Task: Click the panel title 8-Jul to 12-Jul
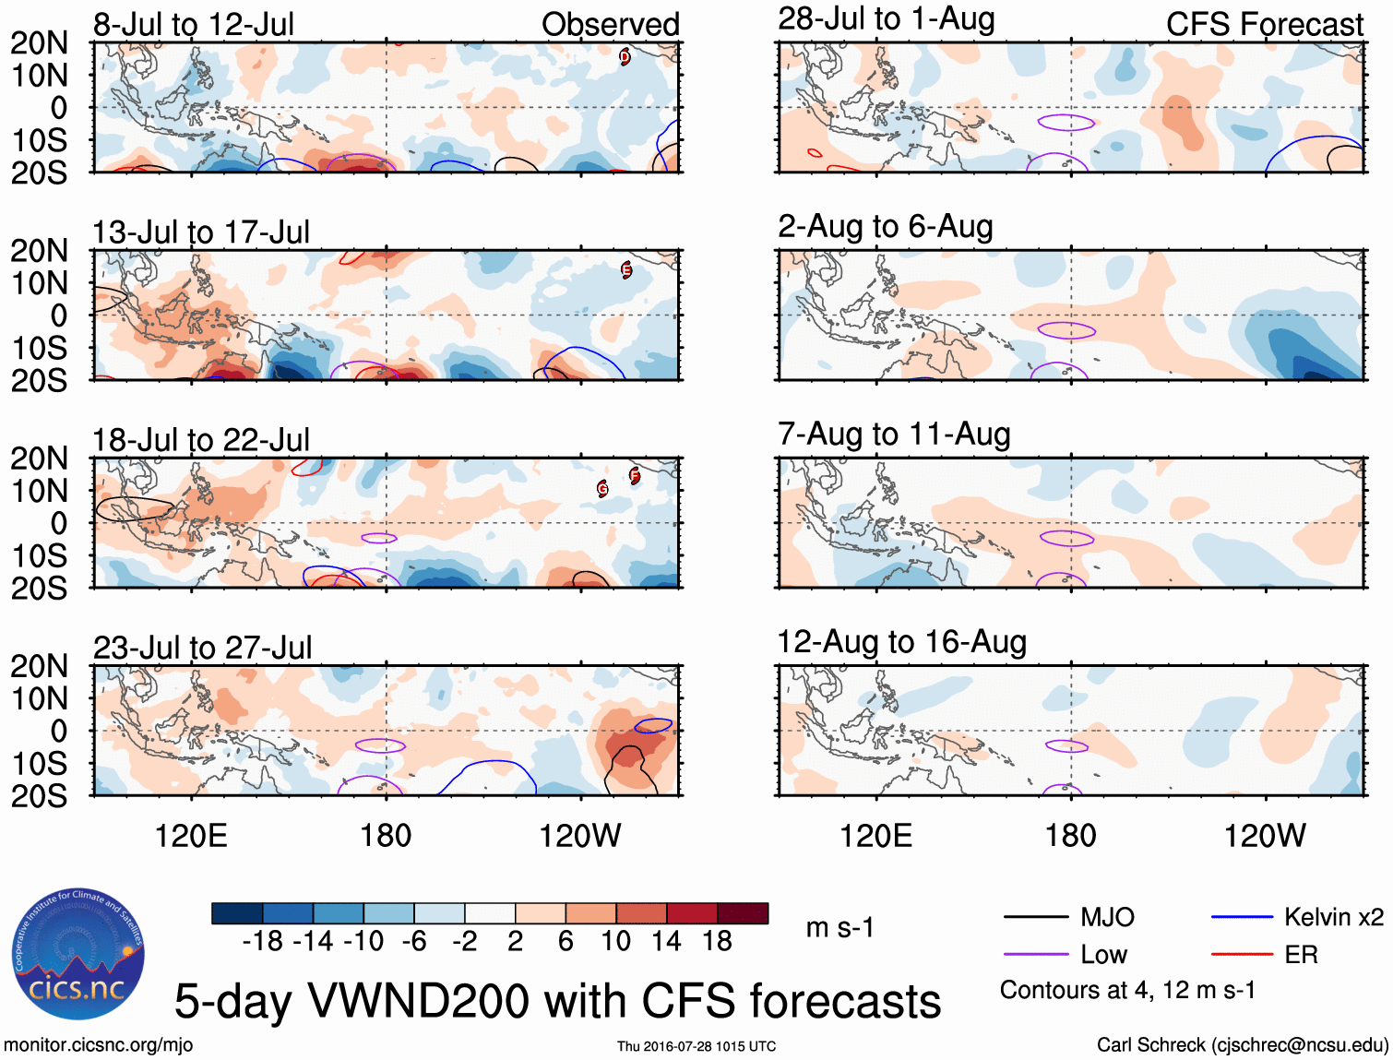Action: click(x=194, y=24)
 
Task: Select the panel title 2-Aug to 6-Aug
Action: click(x=886, y=226)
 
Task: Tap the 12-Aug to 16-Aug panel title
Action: click(x=901, y=641)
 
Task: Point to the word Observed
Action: click(x=610, y=24)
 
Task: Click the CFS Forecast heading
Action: click(x=1264, y=24)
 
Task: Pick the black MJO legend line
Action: click(x=1036, y=917)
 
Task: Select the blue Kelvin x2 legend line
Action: click(x=1242, y=917)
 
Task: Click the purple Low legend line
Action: click(x=1036, y=955)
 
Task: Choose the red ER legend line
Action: click(x=1242, y=955)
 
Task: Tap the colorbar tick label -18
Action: click(x=262, y=941)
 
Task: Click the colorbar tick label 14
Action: click(x=666, y=941)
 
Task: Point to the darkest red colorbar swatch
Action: click(x=743, y=913)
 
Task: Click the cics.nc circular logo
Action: click(x=78, y=954)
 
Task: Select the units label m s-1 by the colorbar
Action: click(x=839, y=927)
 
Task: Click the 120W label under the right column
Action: click(x=1265, y=836)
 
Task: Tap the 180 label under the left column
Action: click(x=386, y=836)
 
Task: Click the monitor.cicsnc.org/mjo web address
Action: click(x=99, y=1045)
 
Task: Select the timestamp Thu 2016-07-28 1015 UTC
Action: click(x=696, y=1046)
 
